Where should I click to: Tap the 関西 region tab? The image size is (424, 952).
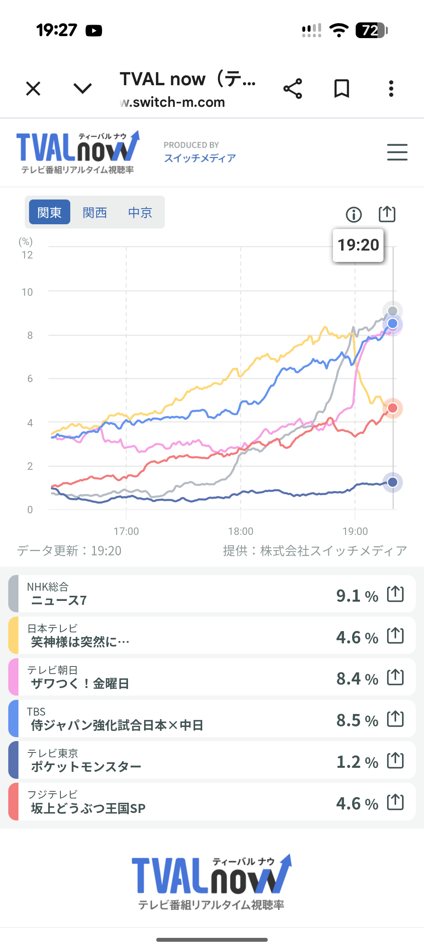(x=95, y=212)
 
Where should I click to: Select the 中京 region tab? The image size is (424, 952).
(x=140, y=212)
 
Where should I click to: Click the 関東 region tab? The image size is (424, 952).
(x=49, y=212)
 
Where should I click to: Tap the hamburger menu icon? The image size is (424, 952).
(x=397, y=152)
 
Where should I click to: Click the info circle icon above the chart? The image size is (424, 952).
(x=354, y=215)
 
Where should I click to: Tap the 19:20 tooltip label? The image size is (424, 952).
(x=358, y=245)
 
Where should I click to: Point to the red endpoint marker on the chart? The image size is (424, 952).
(x=393, y=408)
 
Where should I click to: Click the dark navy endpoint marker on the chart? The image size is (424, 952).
(x=393, y=482)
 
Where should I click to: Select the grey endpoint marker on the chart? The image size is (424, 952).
(x=393, y=311)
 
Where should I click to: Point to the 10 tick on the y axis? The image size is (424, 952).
(x=27, y=292)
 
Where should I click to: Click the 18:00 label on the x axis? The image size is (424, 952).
(x=241, y=531)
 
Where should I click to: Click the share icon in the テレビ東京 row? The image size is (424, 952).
(x=395, y=761)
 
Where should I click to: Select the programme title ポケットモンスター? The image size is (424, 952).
(x=86, y=767)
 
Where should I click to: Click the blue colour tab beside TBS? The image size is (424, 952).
(x=13, y=719)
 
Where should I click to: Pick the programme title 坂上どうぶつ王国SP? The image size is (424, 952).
(x=88, y=808)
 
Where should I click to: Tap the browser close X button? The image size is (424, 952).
(x=33, y=88)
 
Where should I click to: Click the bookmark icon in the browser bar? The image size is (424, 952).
(x=342, y=88)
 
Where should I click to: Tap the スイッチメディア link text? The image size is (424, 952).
(x=200, y=158)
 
